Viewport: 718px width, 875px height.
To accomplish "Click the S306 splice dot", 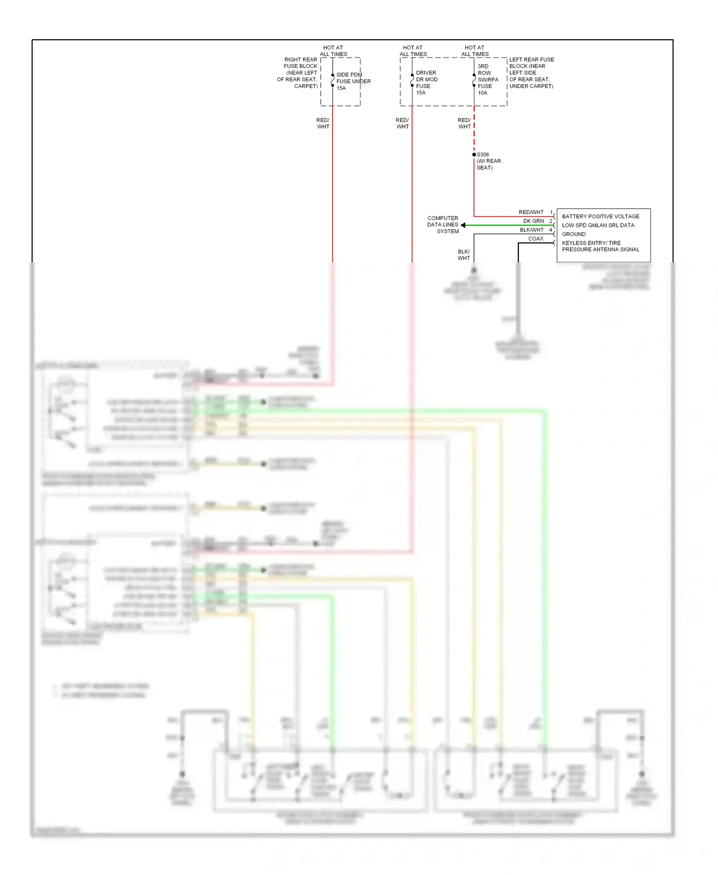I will (474, 155).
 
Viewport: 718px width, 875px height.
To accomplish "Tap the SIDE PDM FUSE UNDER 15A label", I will (353, 81).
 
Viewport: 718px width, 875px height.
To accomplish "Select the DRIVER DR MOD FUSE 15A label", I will (426, 83).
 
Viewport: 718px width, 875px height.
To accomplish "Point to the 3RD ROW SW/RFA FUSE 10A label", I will (487, 79).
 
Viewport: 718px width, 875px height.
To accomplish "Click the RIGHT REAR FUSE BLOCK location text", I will (298, 73).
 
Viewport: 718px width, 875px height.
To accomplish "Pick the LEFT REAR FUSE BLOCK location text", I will (531, 73).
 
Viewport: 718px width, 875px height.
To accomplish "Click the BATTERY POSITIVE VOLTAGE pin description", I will (600, 216).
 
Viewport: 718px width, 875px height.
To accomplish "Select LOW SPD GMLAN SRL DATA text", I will (598, 225).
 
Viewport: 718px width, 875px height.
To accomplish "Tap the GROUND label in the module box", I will (573, 234).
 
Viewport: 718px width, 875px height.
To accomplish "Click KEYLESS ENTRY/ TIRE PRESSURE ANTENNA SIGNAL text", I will (600, 246).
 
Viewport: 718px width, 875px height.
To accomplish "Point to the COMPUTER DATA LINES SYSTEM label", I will (443, 224).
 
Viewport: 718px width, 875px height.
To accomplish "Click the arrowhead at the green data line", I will (463, 225).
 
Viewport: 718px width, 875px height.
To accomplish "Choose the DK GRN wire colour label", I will (533, 221).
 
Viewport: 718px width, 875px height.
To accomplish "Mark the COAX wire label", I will (536, 239).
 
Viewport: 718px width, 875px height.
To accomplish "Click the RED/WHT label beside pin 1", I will (531, 212).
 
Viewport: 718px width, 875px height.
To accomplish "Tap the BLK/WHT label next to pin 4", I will (531, 230).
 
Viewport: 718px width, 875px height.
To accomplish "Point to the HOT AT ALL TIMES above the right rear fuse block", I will (333, 51).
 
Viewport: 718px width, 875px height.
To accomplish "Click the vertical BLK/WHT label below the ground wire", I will (463, 255).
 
